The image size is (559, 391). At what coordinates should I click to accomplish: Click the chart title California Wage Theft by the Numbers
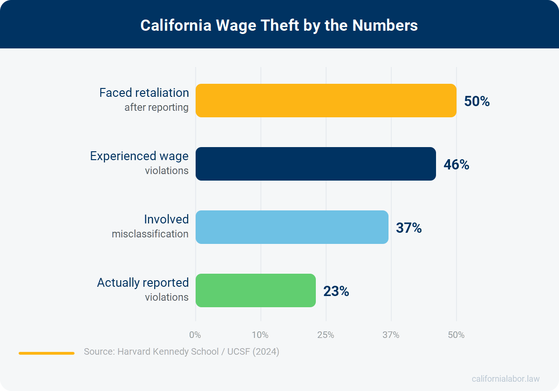279,25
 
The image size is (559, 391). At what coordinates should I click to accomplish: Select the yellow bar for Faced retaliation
326,101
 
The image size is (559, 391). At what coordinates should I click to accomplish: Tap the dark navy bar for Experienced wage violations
315,164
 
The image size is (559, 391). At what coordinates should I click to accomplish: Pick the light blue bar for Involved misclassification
292,227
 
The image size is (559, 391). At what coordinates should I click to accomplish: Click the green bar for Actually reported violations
255,290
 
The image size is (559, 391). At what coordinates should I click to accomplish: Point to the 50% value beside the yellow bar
476,101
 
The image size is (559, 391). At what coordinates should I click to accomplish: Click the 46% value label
456,164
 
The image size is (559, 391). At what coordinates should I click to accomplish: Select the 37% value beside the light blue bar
408,228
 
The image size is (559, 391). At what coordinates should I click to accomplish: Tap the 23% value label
335,291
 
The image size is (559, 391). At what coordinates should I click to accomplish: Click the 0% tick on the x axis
195,335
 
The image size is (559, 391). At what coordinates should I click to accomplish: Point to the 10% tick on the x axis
260,335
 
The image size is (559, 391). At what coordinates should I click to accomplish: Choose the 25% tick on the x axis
326,335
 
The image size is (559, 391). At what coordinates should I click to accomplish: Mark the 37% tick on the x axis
391,335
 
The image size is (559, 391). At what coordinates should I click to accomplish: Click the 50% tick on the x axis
456,335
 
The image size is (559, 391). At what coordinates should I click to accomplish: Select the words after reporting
157,108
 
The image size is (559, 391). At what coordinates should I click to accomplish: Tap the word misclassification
150,234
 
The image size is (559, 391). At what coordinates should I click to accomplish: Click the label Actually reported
142,283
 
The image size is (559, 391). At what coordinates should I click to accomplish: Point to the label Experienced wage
138,156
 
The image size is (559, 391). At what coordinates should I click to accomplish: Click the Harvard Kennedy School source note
182,351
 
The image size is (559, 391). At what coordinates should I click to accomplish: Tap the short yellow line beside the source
47,353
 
